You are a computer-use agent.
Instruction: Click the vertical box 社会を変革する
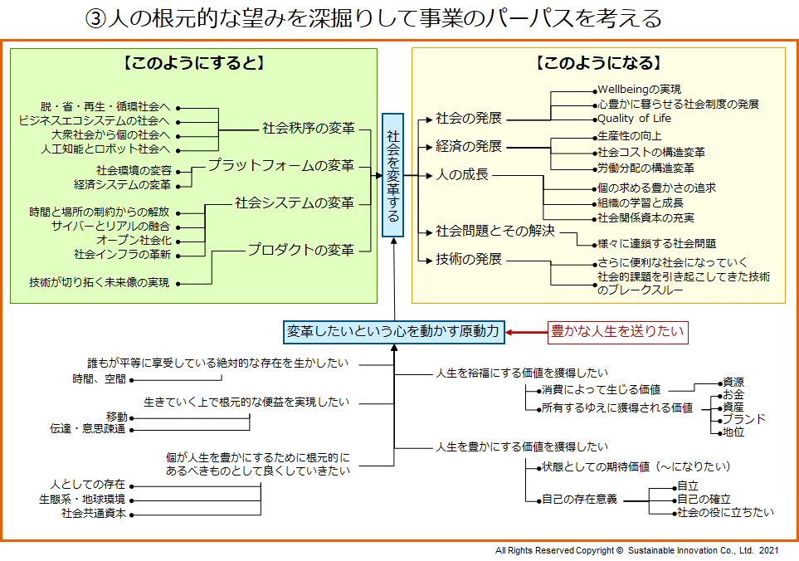[392, 175]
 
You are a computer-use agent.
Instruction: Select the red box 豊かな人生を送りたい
[617, 332]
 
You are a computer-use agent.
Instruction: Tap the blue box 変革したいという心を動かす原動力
[392, 332]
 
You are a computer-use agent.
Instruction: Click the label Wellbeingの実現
[639, 90]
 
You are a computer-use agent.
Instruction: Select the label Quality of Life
[634, 119]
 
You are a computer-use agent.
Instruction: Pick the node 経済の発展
[469, 147]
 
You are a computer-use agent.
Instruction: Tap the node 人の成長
[462, 175]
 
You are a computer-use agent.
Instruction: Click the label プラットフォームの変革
[280, 165]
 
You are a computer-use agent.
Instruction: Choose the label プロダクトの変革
[300, 250]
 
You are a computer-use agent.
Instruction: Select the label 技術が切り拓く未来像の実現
[99, 283]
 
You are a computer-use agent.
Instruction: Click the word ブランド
[744, 419]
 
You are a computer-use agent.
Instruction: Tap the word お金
[733, 394]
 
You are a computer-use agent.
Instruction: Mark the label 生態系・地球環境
[82, 500]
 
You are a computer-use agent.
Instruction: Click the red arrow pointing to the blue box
[526, 332]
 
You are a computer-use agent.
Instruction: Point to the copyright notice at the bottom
[636, 550]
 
